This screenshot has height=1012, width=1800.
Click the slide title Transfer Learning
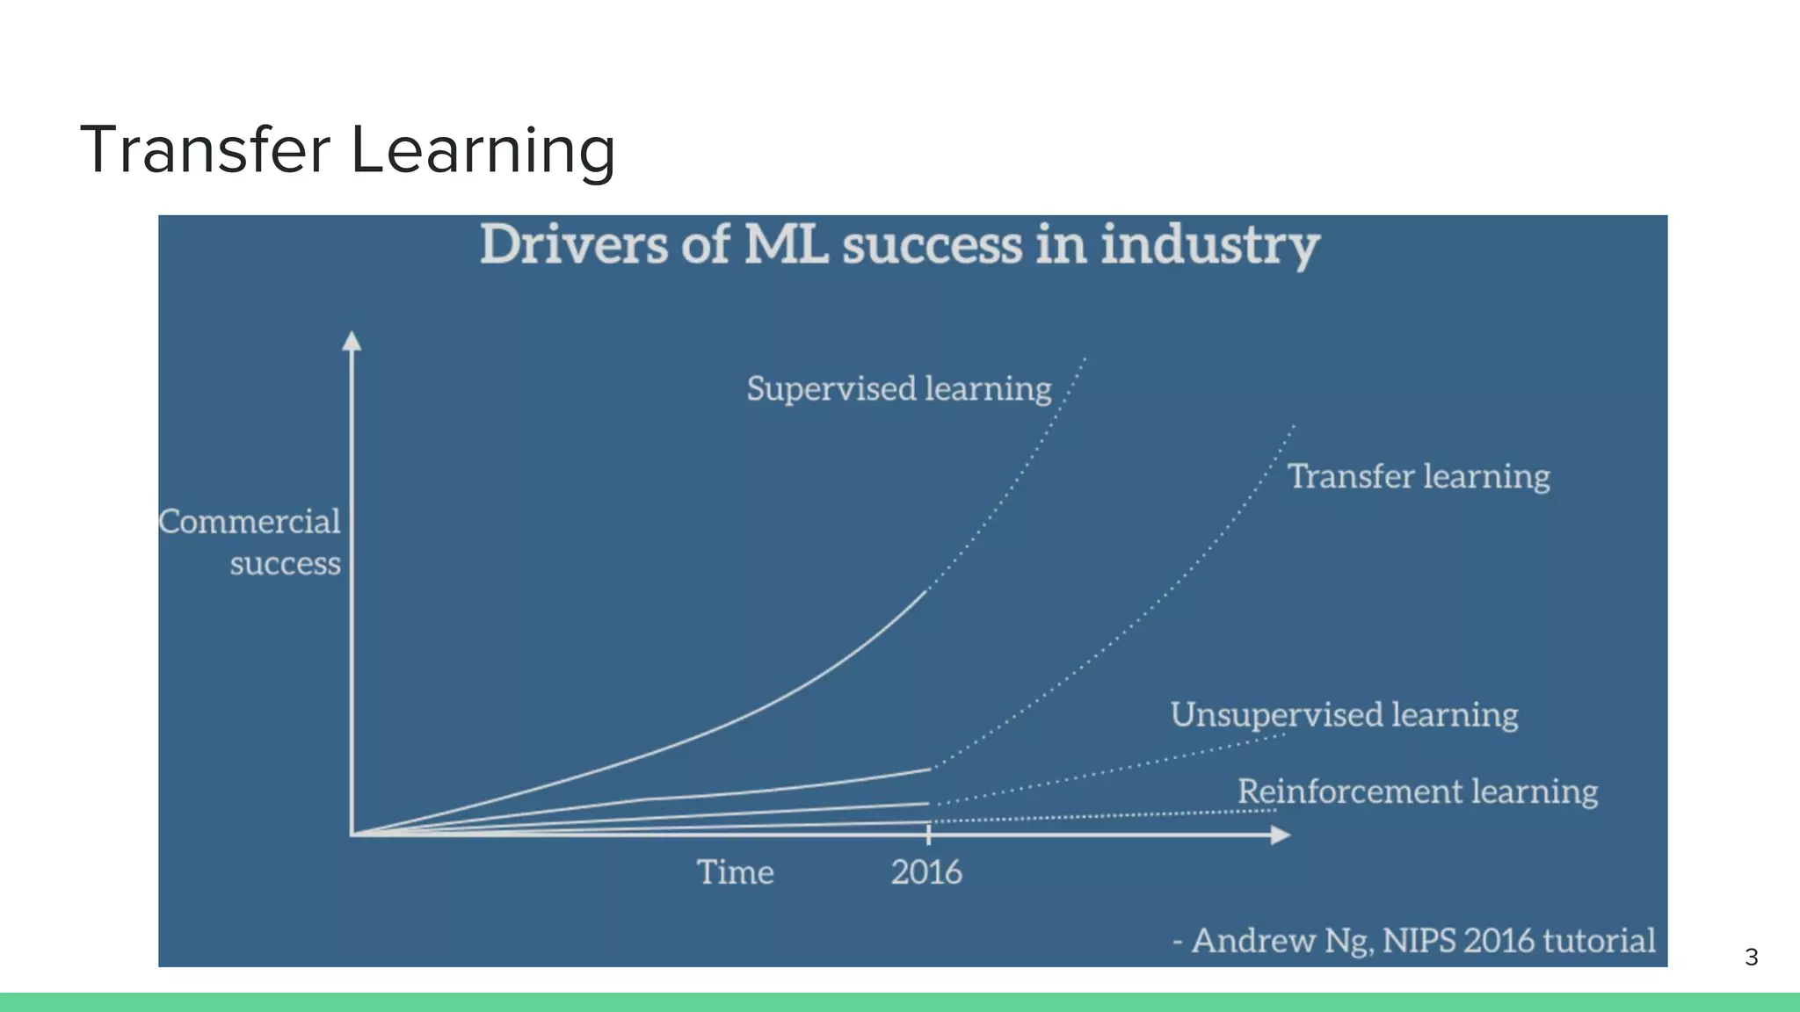[348, 149]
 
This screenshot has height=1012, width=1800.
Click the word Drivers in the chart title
[573, 245]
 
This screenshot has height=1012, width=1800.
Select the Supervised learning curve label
[898, 388]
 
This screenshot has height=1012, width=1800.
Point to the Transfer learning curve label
[1419, 476]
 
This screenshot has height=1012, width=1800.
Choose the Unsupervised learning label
[1344, 714]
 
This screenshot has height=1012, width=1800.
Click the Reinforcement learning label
[1417, 791]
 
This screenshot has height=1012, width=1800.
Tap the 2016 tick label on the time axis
[926, 872]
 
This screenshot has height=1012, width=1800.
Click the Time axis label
[735, 872]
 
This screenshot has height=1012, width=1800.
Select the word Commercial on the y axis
[250, 522]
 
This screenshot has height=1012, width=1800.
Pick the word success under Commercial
[285, 563]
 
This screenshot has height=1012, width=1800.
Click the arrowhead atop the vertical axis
[352, 341]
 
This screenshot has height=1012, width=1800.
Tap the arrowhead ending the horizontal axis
[1281, 835]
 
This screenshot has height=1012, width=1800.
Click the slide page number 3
[1751, 958]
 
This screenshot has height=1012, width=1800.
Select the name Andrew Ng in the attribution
[1282, 941]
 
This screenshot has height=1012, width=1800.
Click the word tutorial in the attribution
[1600, 941]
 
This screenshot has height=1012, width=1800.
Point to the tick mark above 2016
[929, 834]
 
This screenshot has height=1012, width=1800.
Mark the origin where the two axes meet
[352, 834]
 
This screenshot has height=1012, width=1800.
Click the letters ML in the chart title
[786, 245]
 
